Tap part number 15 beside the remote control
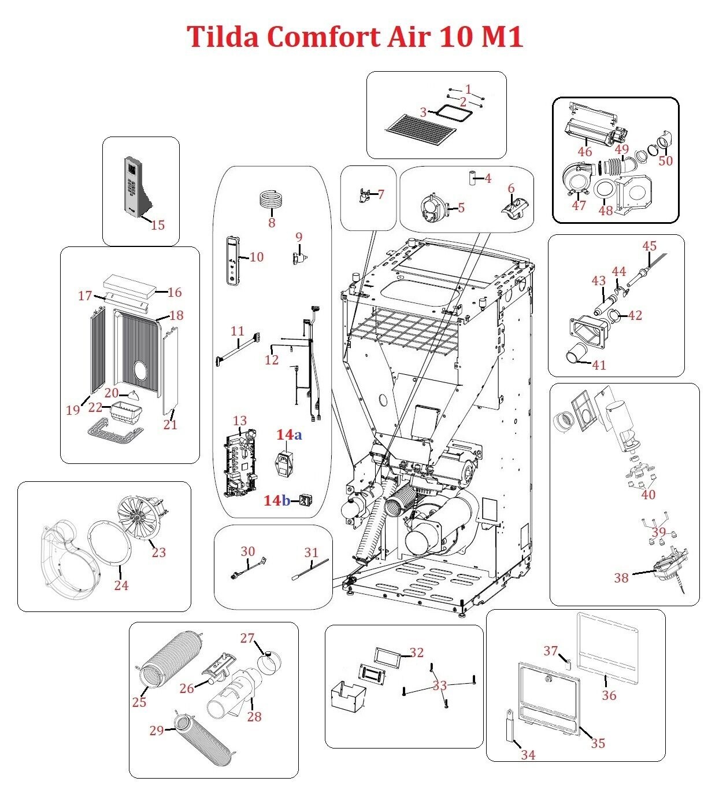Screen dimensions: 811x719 pos(157,224)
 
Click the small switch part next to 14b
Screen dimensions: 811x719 pos(305,500)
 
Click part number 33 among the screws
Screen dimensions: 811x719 pos(440,685)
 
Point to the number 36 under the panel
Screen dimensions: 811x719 pos(609,695)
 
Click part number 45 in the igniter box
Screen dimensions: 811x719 pos(650,246)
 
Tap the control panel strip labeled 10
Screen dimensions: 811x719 pos(234,260)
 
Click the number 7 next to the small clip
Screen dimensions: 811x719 pos(380,194)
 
